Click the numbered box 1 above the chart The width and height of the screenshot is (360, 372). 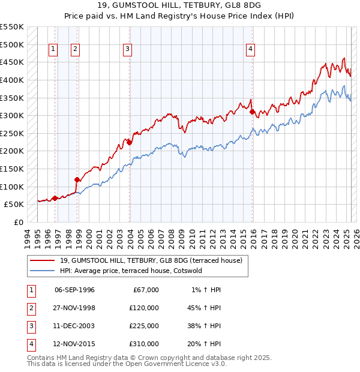point(53,50)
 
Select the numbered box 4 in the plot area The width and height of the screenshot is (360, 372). point(250,50)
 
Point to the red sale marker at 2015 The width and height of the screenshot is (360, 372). point(253,112)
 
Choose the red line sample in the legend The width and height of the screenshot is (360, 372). point(42,260)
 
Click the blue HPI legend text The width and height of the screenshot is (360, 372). point(131,271)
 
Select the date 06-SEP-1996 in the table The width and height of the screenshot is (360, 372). point(74,290)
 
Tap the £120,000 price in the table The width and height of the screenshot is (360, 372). point(144,308)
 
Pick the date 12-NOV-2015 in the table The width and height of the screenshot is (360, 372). point(75,344)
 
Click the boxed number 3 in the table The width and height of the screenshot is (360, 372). point(31,326)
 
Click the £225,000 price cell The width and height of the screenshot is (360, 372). point(144,326)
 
